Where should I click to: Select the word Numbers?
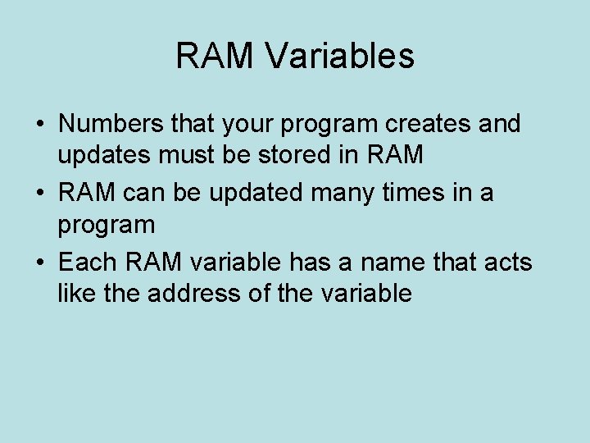107,124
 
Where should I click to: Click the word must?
194,155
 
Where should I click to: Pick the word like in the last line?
75,293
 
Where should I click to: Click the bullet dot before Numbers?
39,125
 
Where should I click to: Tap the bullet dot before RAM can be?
39,194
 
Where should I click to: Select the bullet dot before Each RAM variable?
39,263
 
